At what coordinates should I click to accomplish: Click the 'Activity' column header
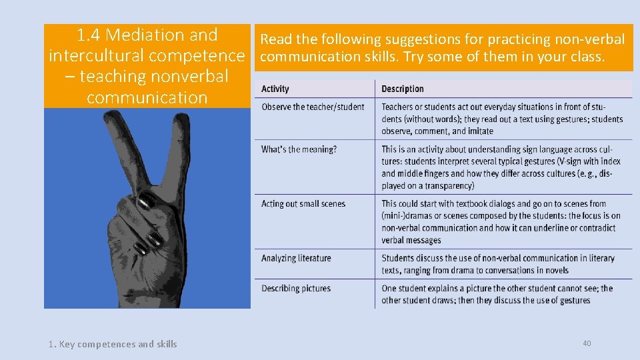click(275, 89)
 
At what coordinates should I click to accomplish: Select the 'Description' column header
click(402, 89)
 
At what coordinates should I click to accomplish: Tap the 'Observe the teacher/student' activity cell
click(313, 107)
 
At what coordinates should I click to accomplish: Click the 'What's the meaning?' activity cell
click(299, 149)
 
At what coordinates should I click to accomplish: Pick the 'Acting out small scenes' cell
click(303, 204)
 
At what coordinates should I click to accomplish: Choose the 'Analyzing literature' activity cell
click(296, 259)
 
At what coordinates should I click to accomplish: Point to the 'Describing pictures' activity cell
click(296, 289)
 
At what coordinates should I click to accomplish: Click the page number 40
click(587, 343)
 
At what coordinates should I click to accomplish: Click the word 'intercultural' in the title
click(93, 55)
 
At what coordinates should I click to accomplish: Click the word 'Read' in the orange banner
click(277, 40)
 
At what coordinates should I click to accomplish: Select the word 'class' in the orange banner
click(586, 57)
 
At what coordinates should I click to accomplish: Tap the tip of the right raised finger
click(181, 120)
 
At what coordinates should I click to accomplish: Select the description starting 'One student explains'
click(497, 295)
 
